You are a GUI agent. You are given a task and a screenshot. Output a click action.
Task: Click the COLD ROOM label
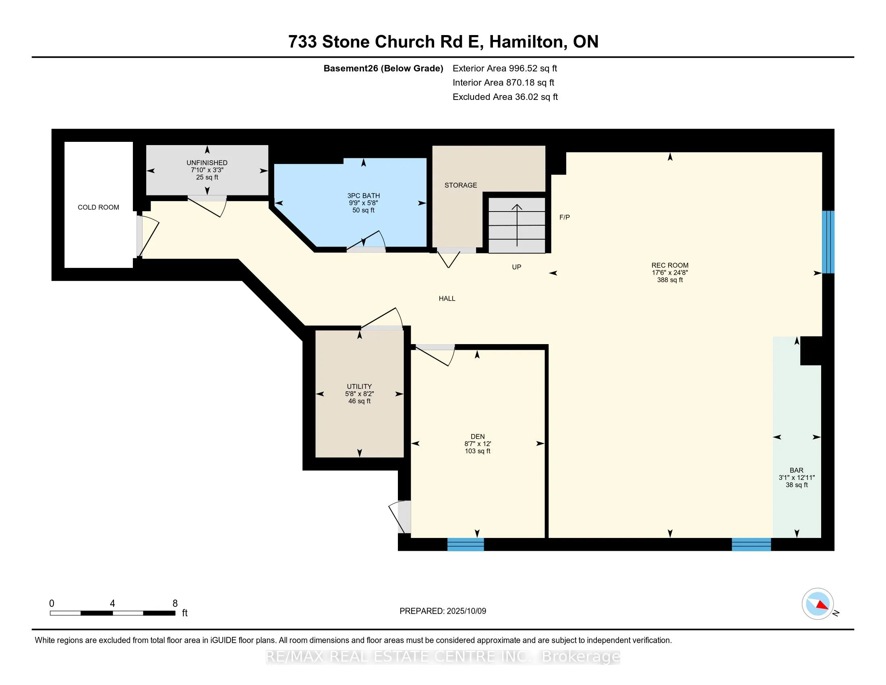(x=99, y=208)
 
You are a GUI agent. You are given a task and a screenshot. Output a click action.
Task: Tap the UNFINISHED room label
(x=207, y=163)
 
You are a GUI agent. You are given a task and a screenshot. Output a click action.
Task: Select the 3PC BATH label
(x=364, y=195)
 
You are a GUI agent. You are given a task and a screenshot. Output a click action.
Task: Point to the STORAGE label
(x=461, y=185)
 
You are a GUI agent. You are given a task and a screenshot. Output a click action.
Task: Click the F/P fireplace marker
(x=565, y=217)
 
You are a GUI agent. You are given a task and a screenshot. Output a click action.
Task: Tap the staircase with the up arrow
(x=517, y=225)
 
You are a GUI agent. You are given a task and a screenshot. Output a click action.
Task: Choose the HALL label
(x=447, y=299)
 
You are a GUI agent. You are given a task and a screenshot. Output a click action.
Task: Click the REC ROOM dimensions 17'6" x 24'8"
(x=670, y=273)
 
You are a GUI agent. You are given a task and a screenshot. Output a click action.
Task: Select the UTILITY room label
(x=359, y=386)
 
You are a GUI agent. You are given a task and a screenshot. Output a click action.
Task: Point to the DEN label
(x=478, y=437)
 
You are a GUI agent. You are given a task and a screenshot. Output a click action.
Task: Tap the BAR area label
(x=797, y=470)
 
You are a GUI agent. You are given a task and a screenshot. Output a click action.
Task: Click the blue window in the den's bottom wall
(x=466, y=544)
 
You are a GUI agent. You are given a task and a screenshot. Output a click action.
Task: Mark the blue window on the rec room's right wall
(x=828, y=242)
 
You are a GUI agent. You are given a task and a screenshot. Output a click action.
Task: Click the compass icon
(x=818, y=604)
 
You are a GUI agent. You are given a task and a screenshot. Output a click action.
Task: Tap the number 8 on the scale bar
(x=175, y=604)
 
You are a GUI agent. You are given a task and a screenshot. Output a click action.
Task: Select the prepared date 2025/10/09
(x=466, y=611)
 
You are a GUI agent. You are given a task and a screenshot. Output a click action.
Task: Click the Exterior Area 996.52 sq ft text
(x=505, y=68)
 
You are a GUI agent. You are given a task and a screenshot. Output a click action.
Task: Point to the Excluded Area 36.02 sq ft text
(x=505, y=97)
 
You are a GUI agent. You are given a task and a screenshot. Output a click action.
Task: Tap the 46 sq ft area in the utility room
(x=359, y=401)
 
